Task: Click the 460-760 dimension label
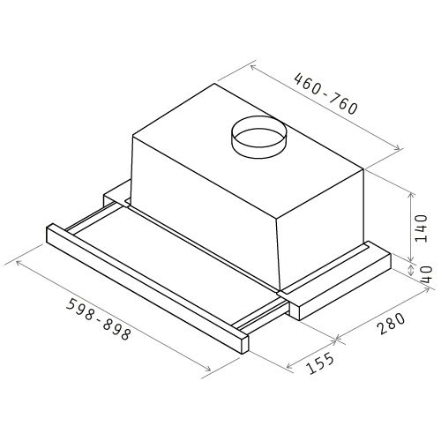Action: [326, 93]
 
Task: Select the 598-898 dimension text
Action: [98, 319]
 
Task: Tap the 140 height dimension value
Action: [421, 228]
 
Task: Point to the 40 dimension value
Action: [426, 274]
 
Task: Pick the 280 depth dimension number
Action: [392, 324]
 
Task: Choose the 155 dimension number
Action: [320, 363]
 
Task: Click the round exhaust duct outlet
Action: [258, 137]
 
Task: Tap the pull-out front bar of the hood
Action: [147, 288]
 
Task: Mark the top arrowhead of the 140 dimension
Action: [411, 195]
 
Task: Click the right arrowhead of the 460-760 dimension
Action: [398, 148]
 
